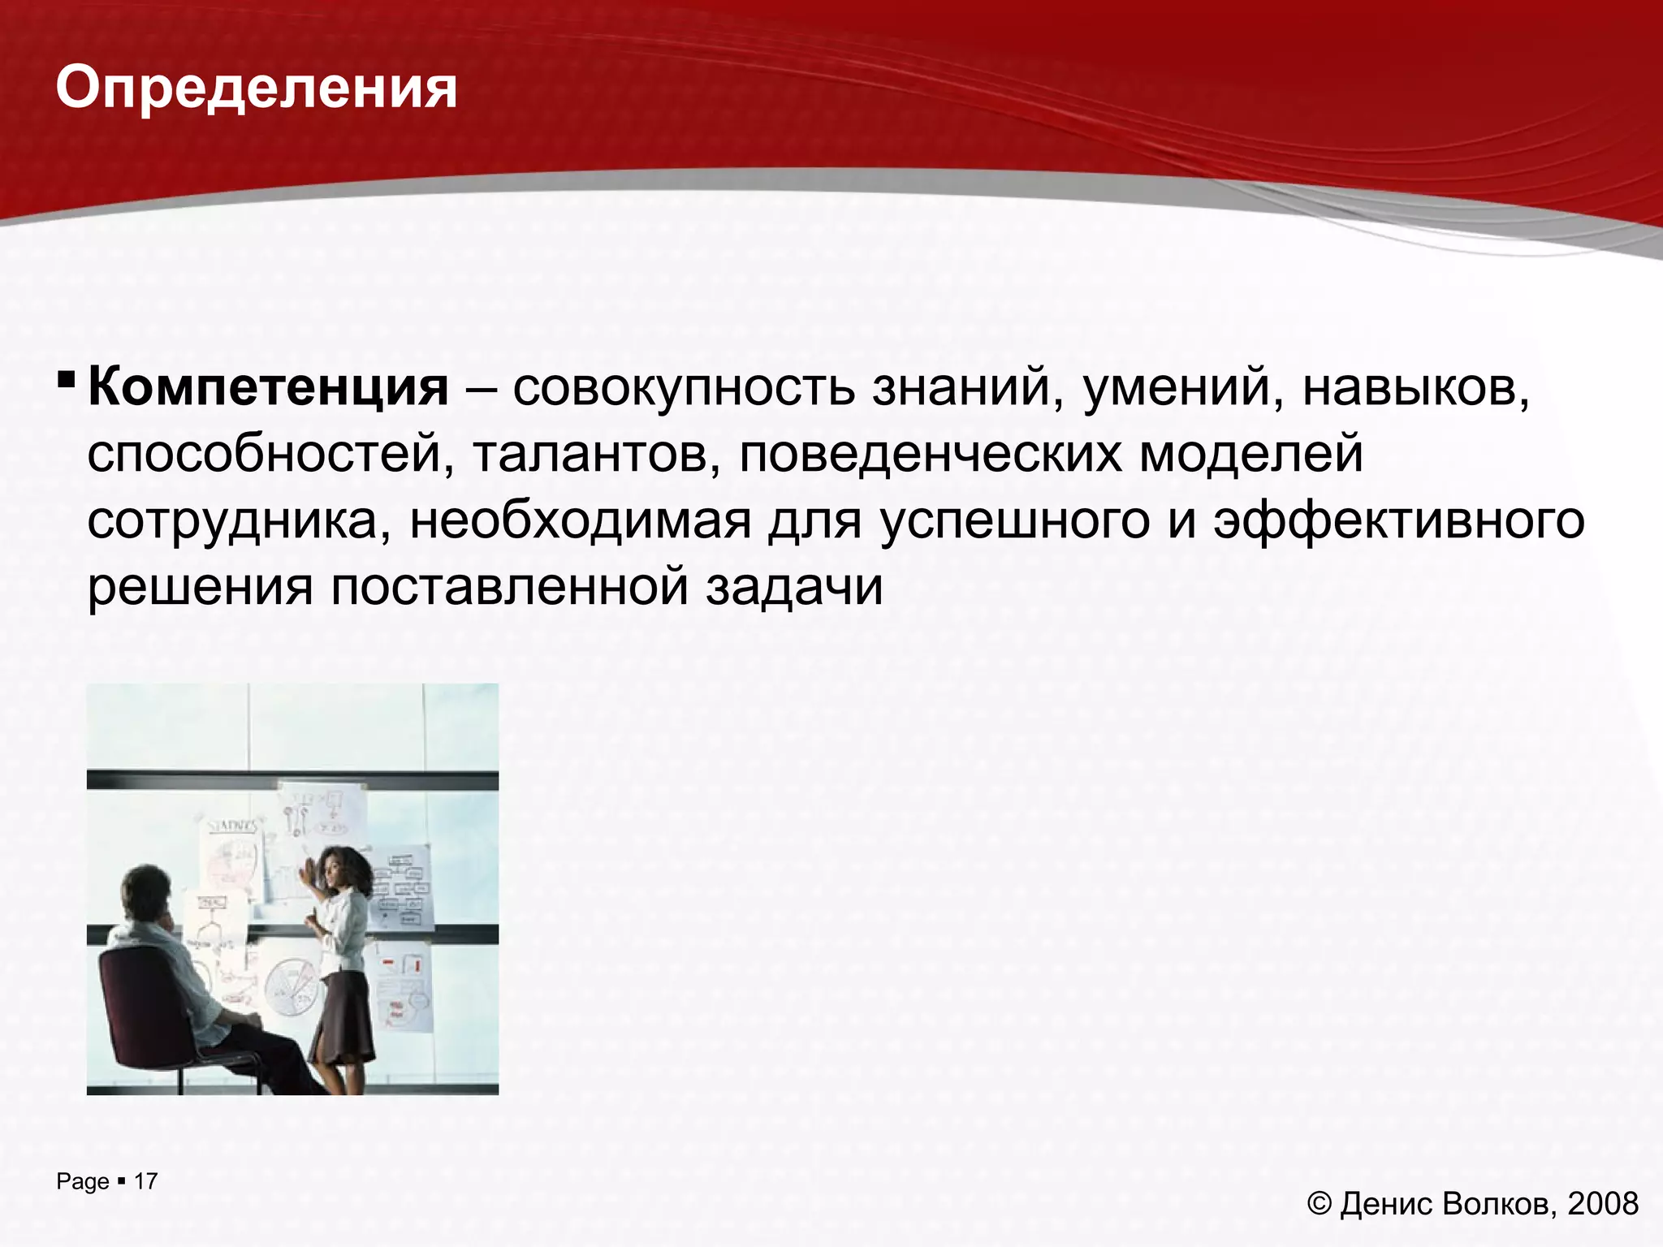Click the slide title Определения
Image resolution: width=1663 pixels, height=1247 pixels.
[257, 88]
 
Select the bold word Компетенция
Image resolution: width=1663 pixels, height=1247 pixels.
[268, 387]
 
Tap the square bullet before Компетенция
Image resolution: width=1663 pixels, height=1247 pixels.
[67, 379]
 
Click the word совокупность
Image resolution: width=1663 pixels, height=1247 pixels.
[684, 387]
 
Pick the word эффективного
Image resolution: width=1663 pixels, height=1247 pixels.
[1398, 520]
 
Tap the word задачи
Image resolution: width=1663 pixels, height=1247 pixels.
[793, 587]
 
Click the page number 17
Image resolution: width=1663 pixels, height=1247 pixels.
[145, 1181]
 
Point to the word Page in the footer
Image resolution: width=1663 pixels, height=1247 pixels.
[83, 1182]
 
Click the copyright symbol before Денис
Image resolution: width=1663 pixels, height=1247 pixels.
[1319, 1203]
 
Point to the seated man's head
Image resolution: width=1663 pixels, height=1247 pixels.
[147, 892]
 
